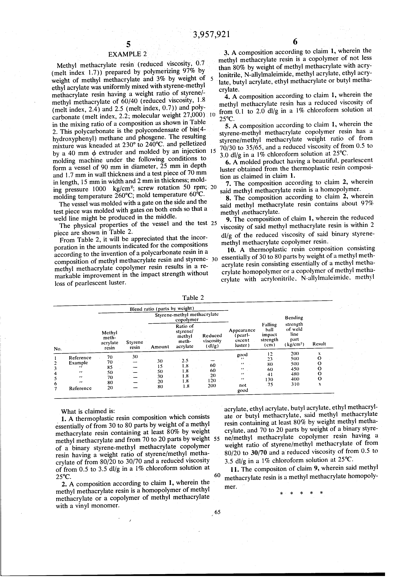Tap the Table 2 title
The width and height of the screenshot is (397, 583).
click(193, 298)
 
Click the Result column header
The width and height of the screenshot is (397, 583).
click(319, 344)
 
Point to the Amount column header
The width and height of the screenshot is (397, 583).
click(160, 347)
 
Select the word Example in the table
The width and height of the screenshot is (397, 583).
click(78, 363)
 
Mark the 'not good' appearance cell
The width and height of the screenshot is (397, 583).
click(242, 388)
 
